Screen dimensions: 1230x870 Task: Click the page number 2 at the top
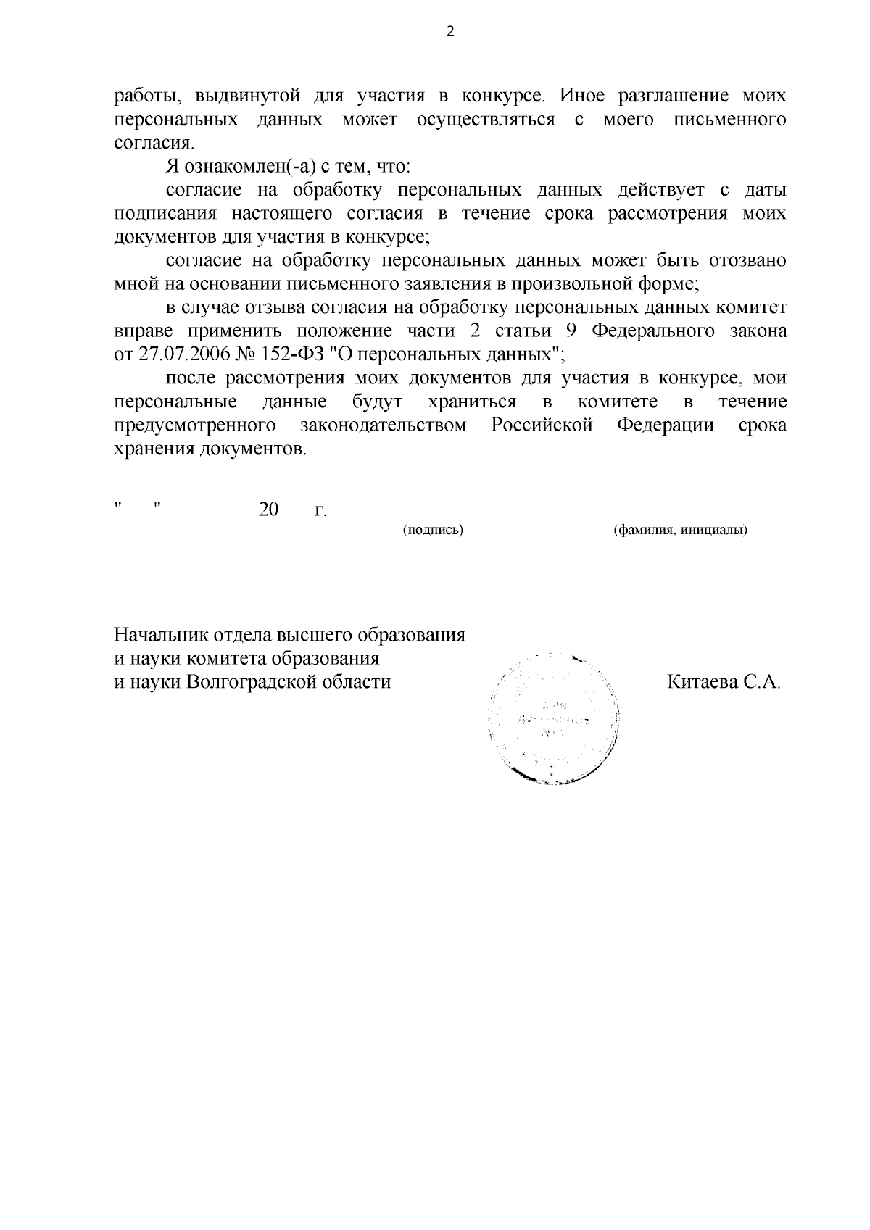[x=449, y=32]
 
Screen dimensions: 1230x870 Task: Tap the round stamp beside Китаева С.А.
[x=555, y=718]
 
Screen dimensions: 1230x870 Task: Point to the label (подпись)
[x=433, y=530]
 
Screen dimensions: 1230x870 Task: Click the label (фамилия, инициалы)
[x=680, y=530]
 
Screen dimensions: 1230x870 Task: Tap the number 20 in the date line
[x=268, y=510]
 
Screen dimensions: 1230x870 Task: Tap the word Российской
[x=542, y=425]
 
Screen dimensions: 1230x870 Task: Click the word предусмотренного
[x=196, y=425]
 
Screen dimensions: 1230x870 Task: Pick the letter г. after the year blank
[x=320, y=511]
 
